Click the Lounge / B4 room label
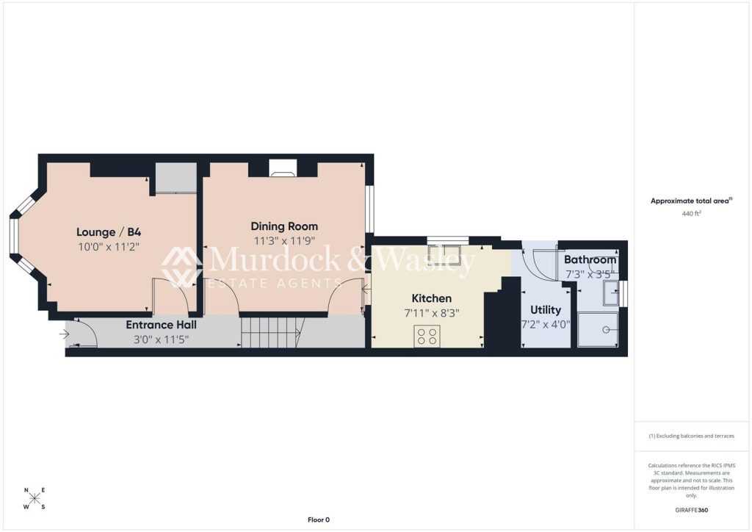[109, 232]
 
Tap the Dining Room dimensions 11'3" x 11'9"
[284, 241]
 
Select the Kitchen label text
[432, 298]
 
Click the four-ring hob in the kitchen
[427, 335]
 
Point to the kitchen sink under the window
[444, 255]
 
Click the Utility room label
[546, 310]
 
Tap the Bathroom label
[590, 260]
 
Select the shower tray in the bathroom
[598, 330]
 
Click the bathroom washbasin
[611, 293]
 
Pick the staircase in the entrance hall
[270, 332]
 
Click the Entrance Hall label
[161, 325]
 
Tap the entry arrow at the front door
[65, 334]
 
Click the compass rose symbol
[35, 498]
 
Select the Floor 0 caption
[319, 520]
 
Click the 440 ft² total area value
[691, 214]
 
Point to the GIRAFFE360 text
[691, 510]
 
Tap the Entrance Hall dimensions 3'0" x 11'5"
[161, 339]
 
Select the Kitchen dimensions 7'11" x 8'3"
[432, 314]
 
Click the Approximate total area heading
[691, 201]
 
